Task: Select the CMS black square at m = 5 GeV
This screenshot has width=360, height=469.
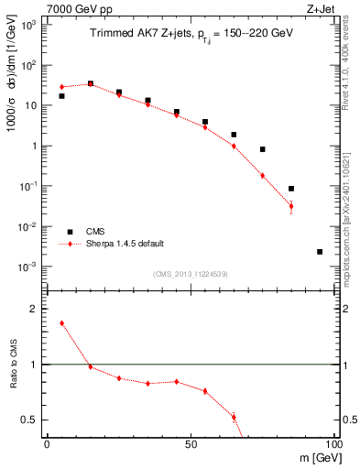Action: (61, 96)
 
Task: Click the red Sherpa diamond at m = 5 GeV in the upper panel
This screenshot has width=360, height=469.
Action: (61, 87)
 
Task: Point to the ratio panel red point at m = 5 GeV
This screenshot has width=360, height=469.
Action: (61, 323)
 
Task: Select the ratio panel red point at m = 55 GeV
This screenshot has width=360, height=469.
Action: (205, 391)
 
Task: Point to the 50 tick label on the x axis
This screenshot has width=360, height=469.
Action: (191, 443)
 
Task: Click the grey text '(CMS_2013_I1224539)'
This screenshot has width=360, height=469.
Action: (191, 275)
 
